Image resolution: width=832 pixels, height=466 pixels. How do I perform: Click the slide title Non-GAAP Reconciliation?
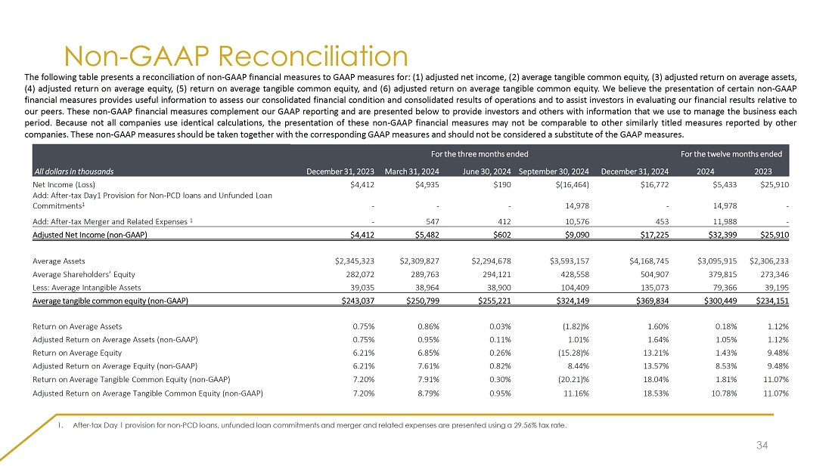pos(236,57)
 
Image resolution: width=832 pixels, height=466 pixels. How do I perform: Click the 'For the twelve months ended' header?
pos(731,154)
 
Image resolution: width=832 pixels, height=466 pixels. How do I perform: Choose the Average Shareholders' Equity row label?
pos(84,275)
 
